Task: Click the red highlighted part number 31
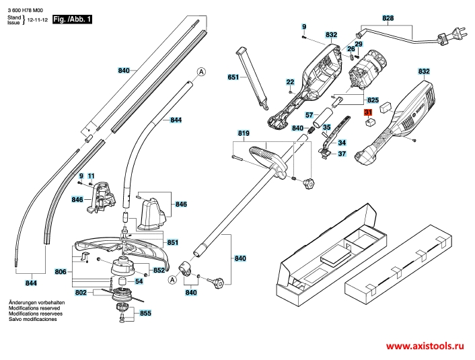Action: tap(368, 112)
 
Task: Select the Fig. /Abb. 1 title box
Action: tap(72, 20)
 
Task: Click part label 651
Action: tap(233, 77)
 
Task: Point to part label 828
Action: tap(388, 18)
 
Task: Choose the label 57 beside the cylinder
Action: tap(309, 115)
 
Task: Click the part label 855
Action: tap(145, 313)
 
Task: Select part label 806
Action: tap(61, 272)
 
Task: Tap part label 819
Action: tap(244, 133)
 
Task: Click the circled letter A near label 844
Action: tap(201, 72)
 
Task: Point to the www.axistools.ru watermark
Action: tap(425, 346)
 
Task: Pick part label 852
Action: tap(159, 270)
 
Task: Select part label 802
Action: tap(81, 293)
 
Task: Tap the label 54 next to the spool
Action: tap(139, 281)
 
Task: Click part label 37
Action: tap(342, 154)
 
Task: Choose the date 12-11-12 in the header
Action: tap(38, 20)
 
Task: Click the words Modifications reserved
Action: tap(34, 308)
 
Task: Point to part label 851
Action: tap(172, 242)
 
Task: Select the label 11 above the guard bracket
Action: tap(91, 176)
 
